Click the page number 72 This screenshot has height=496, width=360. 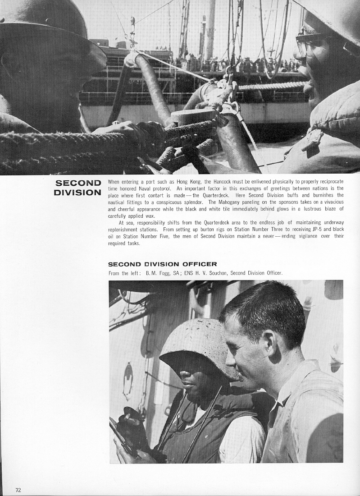click(18, 490)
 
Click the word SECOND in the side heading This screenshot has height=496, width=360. click(78, 183)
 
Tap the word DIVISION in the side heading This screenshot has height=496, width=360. click(77, 193)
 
